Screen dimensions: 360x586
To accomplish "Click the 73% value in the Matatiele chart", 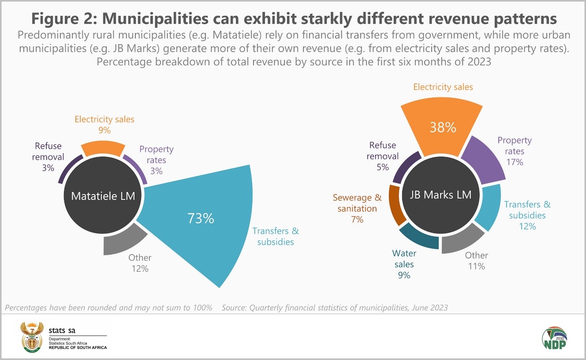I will click(201, 218).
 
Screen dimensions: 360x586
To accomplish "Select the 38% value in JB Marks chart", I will click(443, 127).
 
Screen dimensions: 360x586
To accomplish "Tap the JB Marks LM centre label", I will click(440, 195).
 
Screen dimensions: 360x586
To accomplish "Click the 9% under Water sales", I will click(404, 275).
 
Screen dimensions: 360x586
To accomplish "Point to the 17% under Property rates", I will click(515, 162).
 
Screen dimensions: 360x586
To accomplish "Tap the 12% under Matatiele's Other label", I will click(140, 268).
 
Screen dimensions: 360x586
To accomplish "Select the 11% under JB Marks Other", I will click(476, 266).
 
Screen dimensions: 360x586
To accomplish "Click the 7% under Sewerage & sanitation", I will click(357, 219).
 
